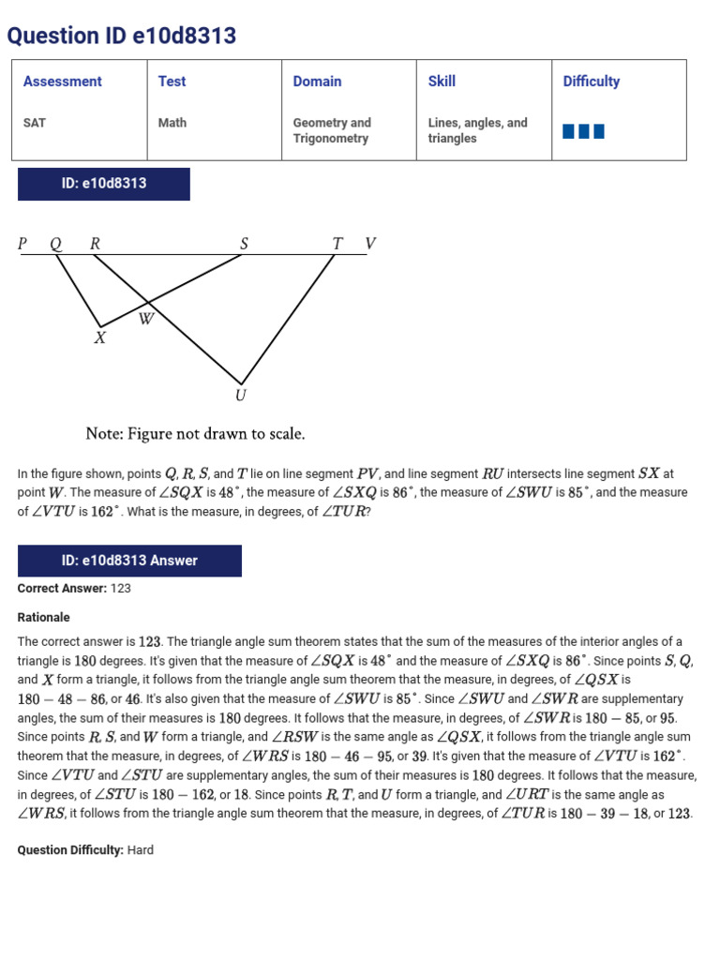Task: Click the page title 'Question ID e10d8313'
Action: click(122, 37)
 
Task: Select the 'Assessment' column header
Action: click(63, 82)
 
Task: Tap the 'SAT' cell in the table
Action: click(35, 123)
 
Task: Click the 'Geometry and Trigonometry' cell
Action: click(332, 130)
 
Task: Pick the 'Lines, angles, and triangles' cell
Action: click(477, 130)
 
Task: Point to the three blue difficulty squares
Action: click(583, 131)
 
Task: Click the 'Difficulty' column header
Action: click(592, 82)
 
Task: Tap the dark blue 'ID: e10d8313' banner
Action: click(104, 184)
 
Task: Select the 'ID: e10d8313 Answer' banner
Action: click(129, 561)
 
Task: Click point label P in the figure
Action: click(22, 245)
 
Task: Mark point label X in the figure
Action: click(99, 338)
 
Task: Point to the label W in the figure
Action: click(146, 320)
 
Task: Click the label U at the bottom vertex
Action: click(241, 396)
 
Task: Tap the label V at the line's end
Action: click(370, 245)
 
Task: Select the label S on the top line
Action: click(244, 245)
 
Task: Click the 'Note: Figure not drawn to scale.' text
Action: click(195, 434)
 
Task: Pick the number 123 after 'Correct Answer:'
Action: click(121, 589)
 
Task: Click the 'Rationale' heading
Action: click(44, 618)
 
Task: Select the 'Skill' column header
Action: click(442, 82)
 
